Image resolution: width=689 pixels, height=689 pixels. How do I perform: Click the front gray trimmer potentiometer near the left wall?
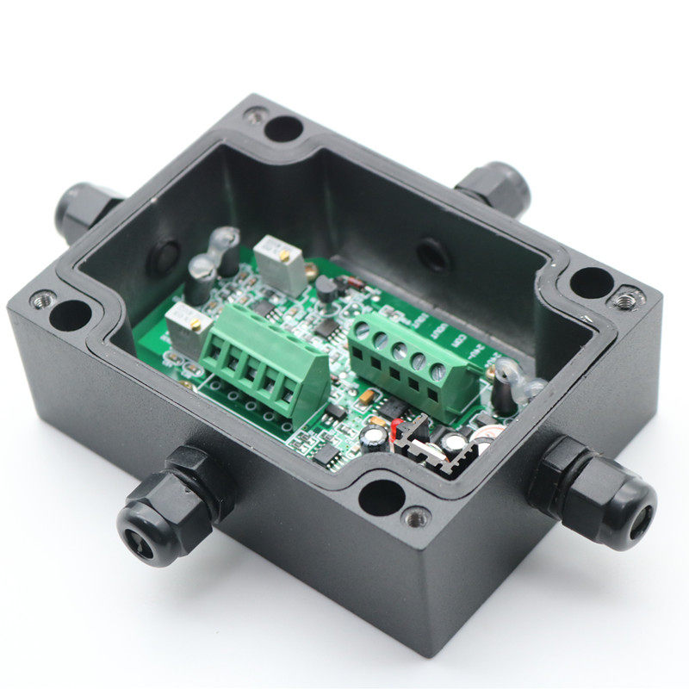187,325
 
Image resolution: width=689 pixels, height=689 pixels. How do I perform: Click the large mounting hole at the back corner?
283,129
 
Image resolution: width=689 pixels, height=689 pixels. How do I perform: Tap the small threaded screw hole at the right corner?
626,299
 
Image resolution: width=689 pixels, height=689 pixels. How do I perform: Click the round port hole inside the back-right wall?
431,256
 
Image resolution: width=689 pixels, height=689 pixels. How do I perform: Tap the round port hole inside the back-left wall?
164,259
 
